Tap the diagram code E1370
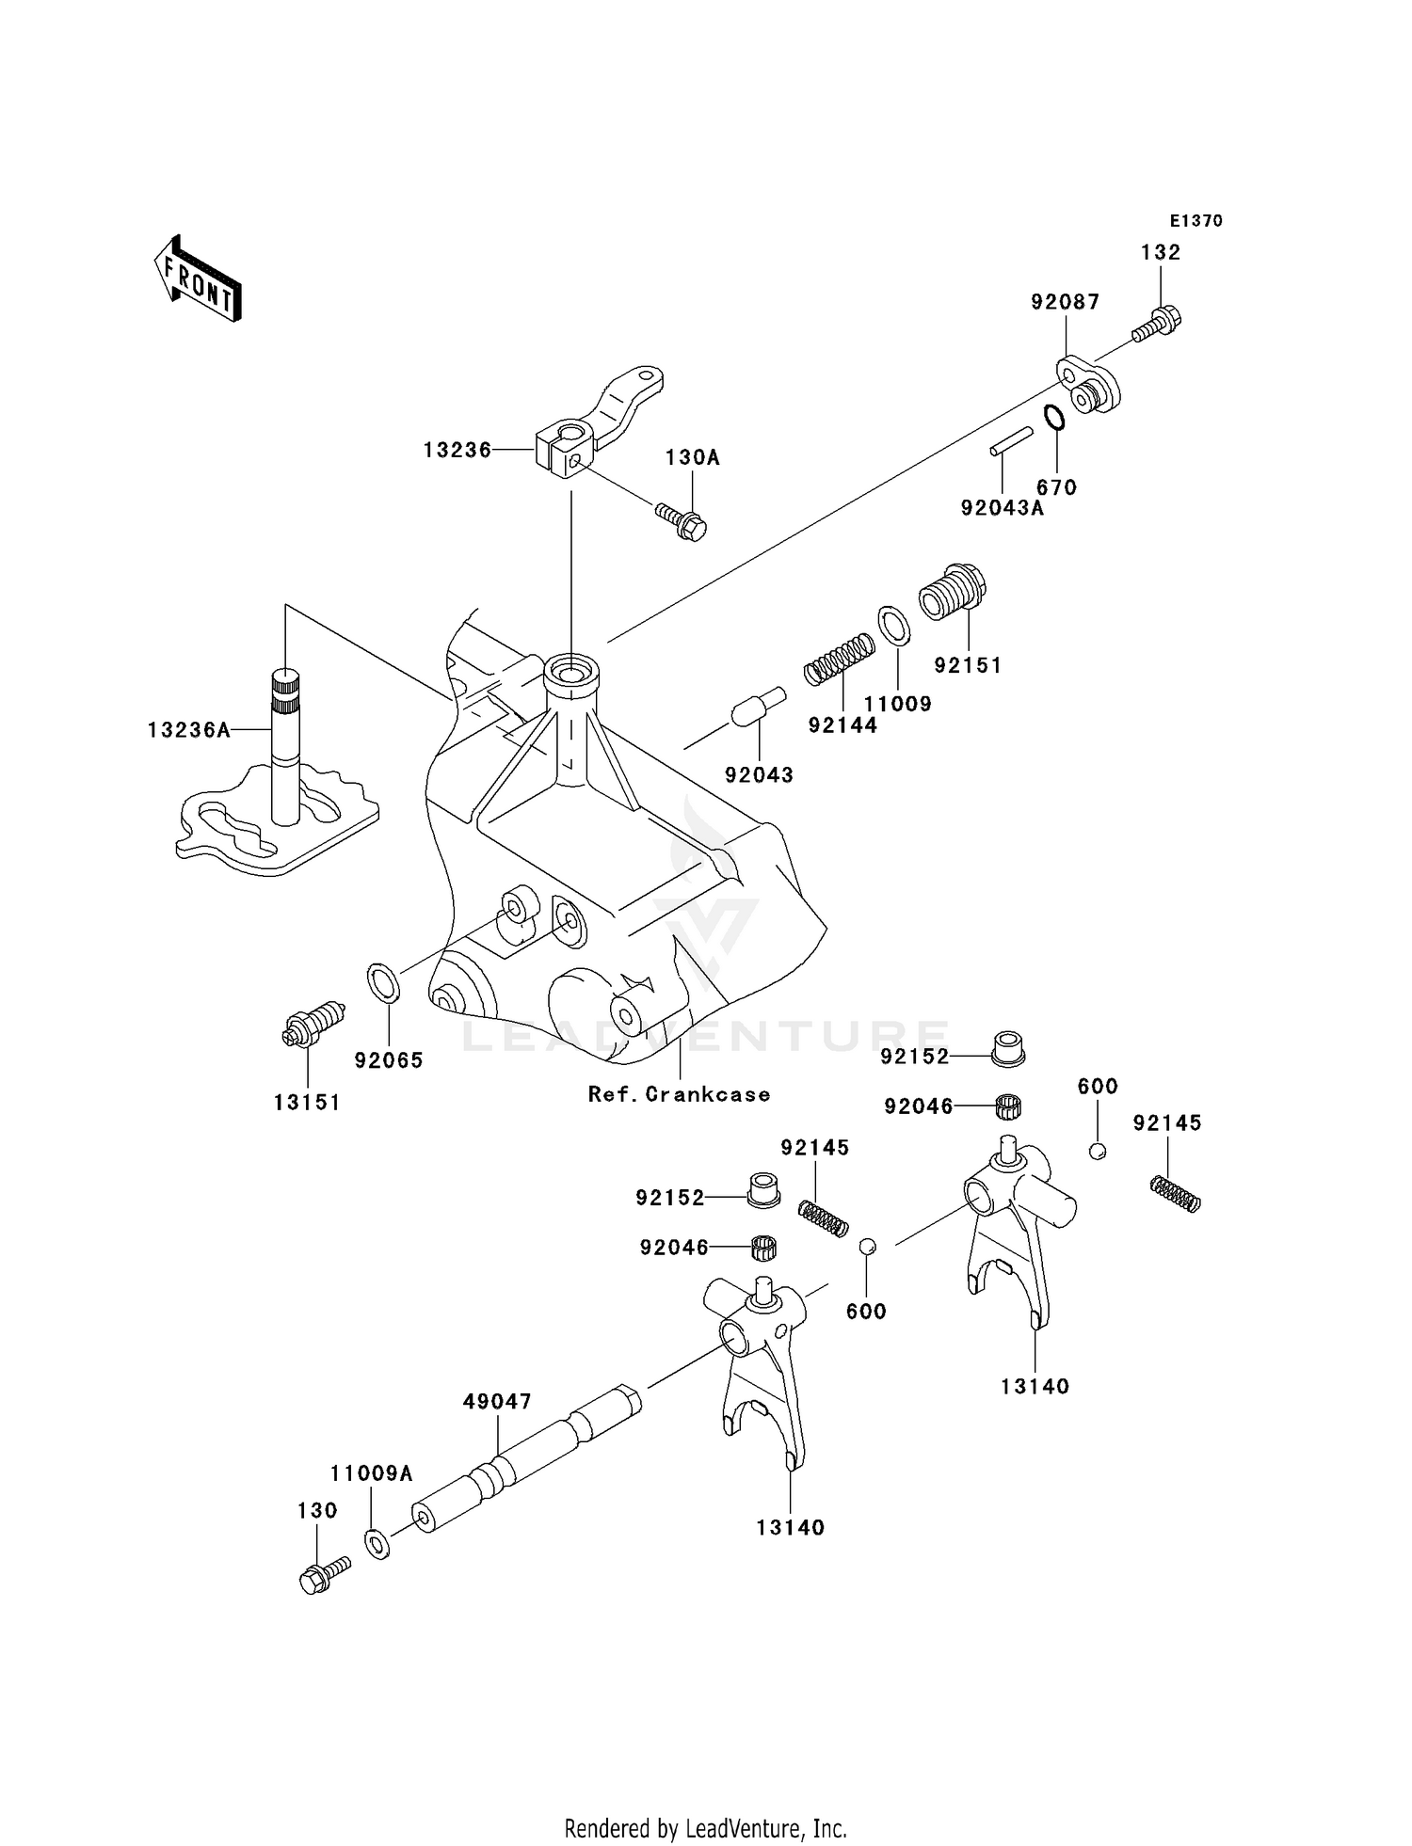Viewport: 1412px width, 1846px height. click(1195, 221)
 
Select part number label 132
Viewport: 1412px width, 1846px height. click(1160, 252)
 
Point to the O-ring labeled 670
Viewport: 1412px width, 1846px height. click(1054, 416)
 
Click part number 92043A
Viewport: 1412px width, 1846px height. click(1002, 508)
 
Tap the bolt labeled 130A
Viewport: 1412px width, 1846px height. click(682, 520)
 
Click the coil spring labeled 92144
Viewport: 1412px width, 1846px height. click(839, 657)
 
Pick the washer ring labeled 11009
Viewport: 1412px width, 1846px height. click(894, 625)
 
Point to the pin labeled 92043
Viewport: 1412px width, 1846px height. click(758, 707)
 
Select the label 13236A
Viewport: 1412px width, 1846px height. click(188, 729)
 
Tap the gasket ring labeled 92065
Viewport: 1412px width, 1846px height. click(383, 982)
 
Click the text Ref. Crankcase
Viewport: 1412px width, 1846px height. click(679, 1094)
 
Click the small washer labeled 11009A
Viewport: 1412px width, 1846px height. click(377, 1543)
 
